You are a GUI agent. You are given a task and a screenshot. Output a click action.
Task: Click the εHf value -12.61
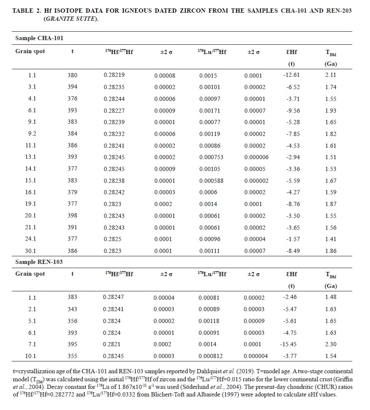(x=292, y=76)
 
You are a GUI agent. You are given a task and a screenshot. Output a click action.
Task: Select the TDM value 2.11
(x=331, y=76)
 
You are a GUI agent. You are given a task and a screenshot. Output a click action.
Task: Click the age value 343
(x=72, y=310)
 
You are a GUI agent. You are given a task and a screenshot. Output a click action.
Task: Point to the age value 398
(x=72, y=216)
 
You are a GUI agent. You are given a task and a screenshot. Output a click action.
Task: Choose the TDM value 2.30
(x=331, y=345)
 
